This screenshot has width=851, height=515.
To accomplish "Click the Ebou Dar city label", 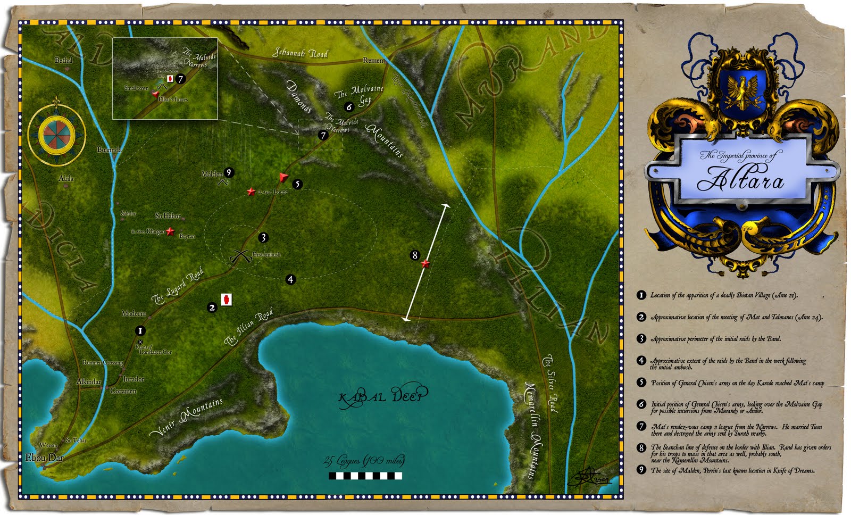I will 44,458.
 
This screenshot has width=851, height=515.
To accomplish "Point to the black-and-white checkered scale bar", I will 365,476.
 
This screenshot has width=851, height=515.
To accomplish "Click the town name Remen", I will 373,61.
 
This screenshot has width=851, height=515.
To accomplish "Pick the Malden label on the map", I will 212,174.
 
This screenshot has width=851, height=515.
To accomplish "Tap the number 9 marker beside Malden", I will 229,172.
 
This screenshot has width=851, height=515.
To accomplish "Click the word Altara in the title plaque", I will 740,179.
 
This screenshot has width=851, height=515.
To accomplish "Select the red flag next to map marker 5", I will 283,178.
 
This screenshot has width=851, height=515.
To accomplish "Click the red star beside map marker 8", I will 425,263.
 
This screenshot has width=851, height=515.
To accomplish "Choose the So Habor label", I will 168,215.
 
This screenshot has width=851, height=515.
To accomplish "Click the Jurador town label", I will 134,379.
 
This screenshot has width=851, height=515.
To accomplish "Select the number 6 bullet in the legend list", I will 641,404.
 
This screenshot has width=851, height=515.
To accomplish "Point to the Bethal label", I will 63,60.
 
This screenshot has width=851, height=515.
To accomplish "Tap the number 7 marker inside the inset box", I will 181,79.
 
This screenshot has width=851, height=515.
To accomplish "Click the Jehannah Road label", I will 300,53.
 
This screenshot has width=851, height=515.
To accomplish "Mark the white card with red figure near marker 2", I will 227,300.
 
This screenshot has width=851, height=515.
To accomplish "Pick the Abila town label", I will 66,178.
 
